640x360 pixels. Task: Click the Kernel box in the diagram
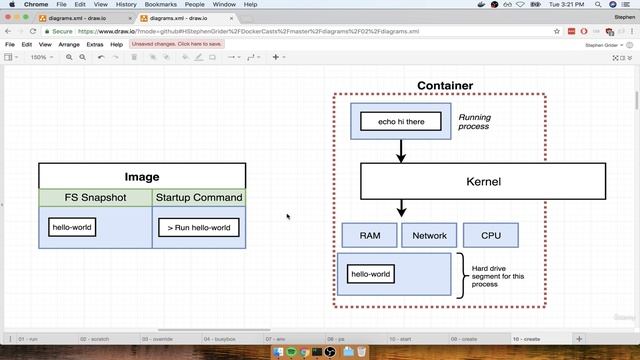(x=483, y=182)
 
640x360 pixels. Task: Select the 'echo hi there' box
(x=401, y=121)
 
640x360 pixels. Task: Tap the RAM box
(x=369, y=236)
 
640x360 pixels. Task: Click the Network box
(x=429, y=236)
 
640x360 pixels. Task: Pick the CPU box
(x=490, y=236)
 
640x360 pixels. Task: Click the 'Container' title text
(x=445, y=86)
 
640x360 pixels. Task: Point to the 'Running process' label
(x=474, y=123)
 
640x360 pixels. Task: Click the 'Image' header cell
(x=142, y=177)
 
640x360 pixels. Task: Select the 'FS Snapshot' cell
(x=95, y=198)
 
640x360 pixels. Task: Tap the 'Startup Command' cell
(x=198, y=198)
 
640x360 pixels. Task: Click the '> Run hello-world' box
(x=198, y=227)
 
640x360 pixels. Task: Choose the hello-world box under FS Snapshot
(x=73, y=227)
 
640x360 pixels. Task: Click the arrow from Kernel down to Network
(x=401, y=209)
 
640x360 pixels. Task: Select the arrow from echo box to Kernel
(x=401, y=151)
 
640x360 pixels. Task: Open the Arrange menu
(x=69, y=45)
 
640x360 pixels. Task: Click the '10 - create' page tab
(x=528, y=339)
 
